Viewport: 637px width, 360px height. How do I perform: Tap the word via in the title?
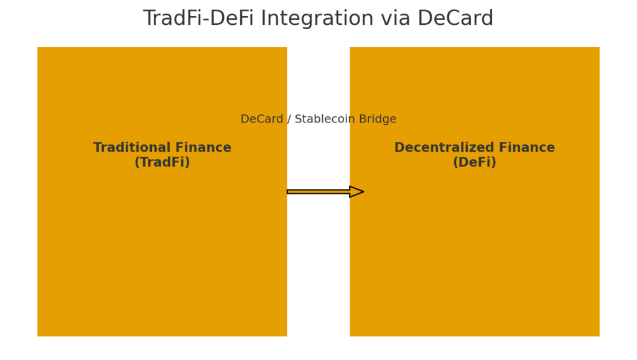point(399,19)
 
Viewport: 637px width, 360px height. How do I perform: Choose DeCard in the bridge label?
point(261,119)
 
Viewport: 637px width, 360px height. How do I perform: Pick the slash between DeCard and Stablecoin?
point(289,119)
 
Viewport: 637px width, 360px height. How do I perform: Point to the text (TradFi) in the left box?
point(162,163)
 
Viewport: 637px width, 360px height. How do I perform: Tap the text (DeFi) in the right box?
point(474,163)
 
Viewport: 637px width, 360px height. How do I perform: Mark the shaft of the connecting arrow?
point(318,192)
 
